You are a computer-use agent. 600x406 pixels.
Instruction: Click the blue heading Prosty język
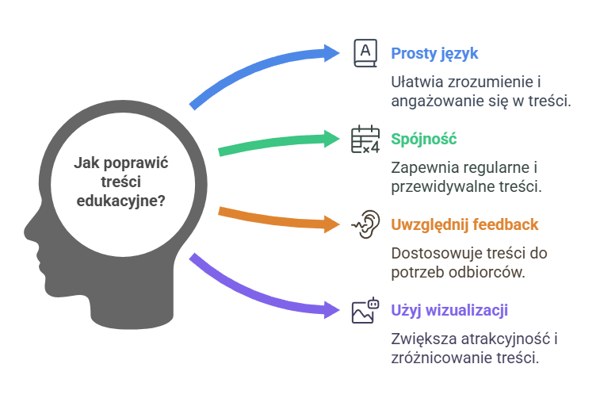(434, 54)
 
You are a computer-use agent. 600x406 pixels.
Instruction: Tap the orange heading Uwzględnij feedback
(464, 224)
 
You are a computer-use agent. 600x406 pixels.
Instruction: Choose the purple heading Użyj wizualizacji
(449, 309)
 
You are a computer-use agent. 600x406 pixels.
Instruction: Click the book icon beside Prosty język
(365, 53)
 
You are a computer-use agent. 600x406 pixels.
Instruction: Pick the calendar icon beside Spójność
(365, 139)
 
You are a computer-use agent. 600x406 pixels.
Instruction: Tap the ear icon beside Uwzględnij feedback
(365, 224)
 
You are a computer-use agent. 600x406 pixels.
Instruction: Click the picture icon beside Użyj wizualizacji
(365, 310)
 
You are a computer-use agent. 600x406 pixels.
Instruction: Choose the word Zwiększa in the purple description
(421, 339)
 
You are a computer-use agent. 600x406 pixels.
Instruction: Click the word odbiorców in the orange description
(495, 272)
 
